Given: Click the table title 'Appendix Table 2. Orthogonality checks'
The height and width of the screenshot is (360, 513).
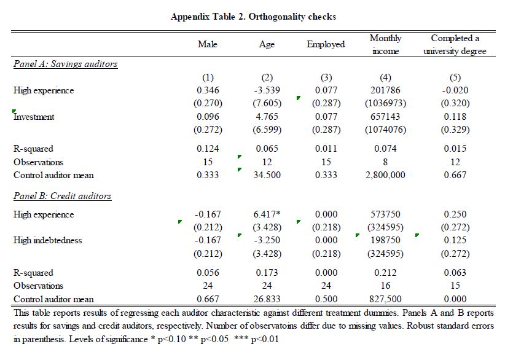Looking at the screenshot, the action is point(253,17).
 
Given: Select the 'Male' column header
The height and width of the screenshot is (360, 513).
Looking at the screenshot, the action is point(208,44).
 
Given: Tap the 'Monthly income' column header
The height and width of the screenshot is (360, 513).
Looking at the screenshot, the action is point(385,44).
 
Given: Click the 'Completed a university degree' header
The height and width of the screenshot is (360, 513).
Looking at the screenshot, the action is point(455,44).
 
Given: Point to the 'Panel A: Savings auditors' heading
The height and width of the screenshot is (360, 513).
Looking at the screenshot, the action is point(66,64).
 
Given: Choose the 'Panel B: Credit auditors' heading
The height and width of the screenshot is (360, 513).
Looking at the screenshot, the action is point(63,196).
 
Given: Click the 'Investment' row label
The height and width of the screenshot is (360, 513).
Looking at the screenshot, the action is point(34,117).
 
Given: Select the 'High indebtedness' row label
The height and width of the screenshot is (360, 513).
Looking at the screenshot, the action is point(48,240).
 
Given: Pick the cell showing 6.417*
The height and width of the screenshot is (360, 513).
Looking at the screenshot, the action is point(267,214).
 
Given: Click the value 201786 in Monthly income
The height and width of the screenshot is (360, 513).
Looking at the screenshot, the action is point(385,90).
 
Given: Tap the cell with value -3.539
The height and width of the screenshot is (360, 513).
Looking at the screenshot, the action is point(267,90).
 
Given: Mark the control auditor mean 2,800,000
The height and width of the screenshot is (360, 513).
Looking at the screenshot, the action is point(385,175).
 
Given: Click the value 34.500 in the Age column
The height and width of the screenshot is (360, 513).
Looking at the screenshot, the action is point(267,175).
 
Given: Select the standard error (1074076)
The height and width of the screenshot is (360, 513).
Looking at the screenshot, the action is point(385,130).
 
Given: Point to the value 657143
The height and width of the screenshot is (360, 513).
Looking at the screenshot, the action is point(385,117).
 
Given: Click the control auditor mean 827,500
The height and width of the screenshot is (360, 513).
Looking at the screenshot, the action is point(385,299).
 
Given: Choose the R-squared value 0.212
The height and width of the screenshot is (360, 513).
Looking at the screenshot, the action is point(385,273).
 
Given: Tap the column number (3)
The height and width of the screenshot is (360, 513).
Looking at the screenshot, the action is point(326,77).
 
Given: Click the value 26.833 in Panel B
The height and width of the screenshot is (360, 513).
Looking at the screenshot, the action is point(267,299).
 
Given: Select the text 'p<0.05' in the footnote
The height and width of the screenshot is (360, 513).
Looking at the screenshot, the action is point(214,339).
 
